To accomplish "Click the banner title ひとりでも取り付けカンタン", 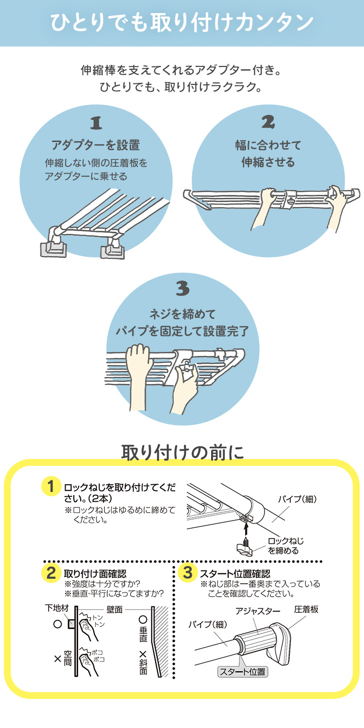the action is click(182, 23).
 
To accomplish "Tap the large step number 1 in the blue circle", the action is click(96, 123).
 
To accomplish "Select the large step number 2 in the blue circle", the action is click(268, 122).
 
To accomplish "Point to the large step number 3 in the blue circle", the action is click(182, 288).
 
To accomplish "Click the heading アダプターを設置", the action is click(96, 145).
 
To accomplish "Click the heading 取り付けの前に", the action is click(182, 452).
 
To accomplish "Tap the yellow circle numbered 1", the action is click(51, 486).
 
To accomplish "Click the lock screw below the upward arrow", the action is click(246, 548).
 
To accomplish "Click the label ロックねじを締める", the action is click(285, 546).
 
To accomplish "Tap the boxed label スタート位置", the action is click(242, 672).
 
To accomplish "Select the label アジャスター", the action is click(258, 611).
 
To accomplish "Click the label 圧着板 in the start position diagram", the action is click(306, 609).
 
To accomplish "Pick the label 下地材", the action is click(57, 608).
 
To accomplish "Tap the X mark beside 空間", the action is click(58, 659).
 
